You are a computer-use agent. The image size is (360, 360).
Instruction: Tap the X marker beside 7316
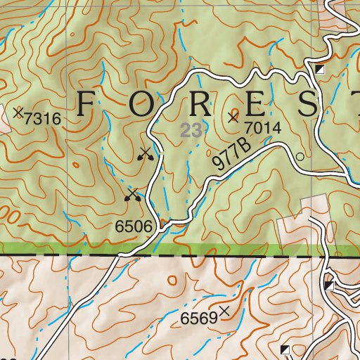(x=18, y=111)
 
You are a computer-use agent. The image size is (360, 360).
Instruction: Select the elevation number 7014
(x=263, y=128)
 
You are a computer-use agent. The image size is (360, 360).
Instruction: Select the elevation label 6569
(x=199, y=319)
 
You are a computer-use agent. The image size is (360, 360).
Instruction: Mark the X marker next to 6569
(x=225, y=311)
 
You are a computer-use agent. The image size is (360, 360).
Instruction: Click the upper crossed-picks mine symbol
(x=146, y=154)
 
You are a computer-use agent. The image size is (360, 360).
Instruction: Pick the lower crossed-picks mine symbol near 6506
(x=132, y=195)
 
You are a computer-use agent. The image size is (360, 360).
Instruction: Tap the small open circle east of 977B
(x=300, y=157)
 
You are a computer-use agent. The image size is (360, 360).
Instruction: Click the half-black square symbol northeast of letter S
(x=319, y=69)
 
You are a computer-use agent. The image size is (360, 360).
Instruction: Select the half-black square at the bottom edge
(x=285, y=349)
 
